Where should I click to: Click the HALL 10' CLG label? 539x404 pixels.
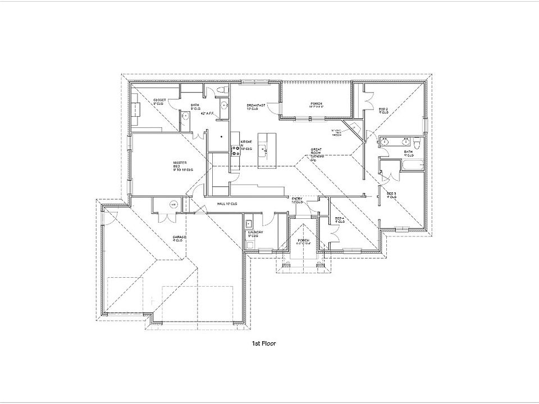coord(227,204)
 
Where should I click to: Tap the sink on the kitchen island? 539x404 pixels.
coord(262,149)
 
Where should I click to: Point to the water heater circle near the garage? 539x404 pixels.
coord(173,204)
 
